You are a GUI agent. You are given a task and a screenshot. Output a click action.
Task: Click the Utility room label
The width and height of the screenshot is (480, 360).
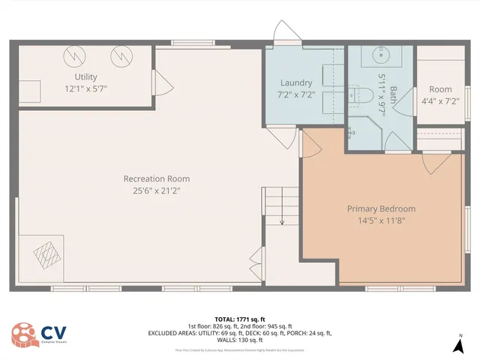pyautogui.click(x=85, y=77)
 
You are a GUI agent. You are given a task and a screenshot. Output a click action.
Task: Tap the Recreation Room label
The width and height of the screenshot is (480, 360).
pyautogui.click(x=157, y=178)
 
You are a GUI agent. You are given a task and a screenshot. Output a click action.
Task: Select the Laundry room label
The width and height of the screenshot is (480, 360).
pyautogui.click(x=296, y=82)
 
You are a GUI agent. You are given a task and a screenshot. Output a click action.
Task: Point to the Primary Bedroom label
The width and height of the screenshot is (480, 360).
pyautogui.click(x=381, y=208)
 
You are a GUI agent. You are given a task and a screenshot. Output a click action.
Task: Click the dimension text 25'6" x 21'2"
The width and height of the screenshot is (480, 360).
pyautogui.click(x=157, y=190)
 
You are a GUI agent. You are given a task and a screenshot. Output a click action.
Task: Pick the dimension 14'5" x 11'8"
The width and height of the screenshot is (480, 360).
pyautogui.click(x=381, y=220)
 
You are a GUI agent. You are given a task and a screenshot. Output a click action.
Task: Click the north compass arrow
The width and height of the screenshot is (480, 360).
pyautogui.click(x=458, y=345)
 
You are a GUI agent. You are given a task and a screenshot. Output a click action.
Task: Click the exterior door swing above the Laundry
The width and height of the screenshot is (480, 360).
pyautogui.click(x=287, y=33)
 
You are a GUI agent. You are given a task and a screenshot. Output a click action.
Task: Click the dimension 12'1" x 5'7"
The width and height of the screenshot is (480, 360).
pyautogui.click(x=85, y=88)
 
